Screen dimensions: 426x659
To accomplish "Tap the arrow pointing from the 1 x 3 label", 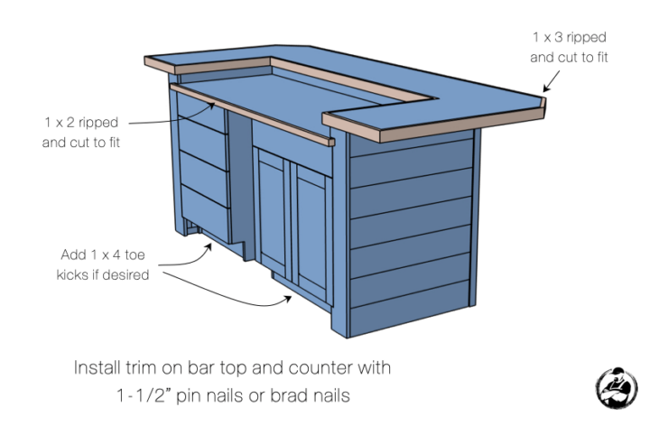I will [x=553, y=79].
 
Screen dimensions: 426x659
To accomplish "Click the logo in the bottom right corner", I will [x=618, y=385].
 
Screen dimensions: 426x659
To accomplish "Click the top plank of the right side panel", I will [x=411, y=160].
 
